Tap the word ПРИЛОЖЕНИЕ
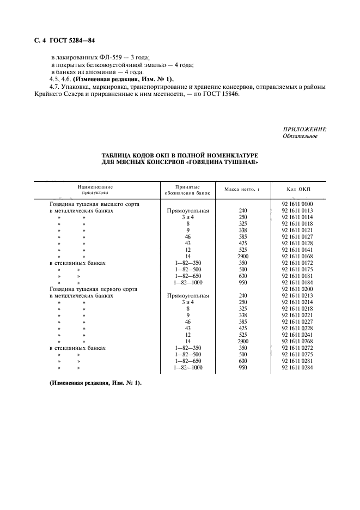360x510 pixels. point(304,129)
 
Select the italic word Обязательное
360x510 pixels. point(300,136)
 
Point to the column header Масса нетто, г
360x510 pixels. point(242,189)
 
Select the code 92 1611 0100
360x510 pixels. point(297,204)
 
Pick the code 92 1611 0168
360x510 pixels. point(297,256)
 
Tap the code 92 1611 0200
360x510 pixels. point(297,289)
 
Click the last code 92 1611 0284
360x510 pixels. point(297,368)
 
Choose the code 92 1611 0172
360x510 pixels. point(297,263)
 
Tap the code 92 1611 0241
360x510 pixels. point(297,335)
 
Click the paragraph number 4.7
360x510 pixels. point(53,87)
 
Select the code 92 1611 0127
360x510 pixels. point(297,236)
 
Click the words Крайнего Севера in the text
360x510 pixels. point(57,94)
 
